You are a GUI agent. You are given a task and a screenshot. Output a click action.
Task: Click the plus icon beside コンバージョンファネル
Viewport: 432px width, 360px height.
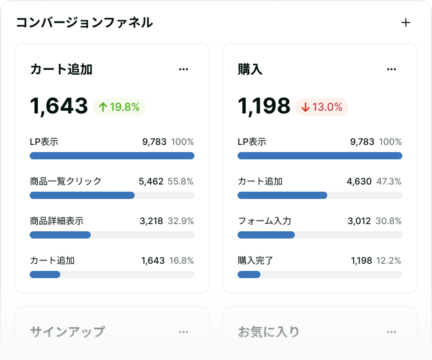coord(406,23)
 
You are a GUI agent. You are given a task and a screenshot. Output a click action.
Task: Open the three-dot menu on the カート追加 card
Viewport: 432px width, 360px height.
coord(184,69)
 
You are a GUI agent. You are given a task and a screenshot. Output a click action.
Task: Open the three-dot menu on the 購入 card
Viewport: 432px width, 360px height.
coord(391,69)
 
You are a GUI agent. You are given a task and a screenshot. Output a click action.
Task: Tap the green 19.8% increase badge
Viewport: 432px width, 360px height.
coord(119,107)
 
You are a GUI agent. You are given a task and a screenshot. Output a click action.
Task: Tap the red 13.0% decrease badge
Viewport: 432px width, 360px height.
coord(322,107)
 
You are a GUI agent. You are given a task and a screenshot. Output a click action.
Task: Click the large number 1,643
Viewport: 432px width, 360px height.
coord(59,106)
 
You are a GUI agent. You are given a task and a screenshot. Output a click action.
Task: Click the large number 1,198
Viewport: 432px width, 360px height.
coord(264,106)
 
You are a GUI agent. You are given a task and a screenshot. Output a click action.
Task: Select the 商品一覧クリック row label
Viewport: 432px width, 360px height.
coord(66,181)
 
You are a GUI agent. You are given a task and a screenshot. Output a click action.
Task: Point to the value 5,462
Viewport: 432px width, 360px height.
coord(151,182)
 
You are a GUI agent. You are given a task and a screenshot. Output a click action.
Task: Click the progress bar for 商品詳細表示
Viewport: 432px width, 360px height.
coord(112,235)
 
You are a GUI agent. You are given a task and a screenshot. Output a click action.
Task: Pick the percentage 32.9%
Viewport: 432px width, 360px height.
coord(180,221)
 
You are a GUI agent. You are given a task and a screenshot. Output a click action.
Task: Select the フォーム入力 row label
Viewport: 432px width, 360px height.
coord(265,221)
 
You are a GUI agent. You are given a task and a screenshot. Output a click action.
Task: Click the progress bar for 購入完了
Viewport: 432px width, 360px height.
coord(319,274)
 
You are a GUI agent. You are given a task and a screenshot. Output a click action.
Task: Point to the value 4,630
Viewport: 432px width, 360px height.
coord(359,182)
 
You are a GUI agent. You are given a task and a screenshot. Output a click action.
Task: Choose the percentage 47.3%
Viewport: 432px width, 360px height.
coord(389,182)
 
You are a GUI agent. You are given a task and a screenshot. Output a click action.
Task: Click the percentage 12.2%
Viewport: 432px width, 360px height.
coord(388,261)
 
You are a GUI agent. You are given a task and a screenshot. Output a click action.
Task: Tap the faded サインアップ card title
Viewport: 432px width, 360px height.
coord(67,332)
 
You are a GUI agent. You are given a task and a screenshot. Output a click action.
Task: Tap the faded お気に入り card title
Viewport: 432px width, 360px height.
coord(269,332)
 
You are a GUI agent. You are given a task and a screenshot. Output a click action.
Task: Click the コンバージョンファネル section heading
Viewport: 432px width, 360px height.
coord(85,22)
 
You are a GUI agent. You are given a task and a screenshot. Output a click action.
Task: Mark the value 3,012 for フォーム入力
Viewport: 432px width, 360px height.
coord(359,221)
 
